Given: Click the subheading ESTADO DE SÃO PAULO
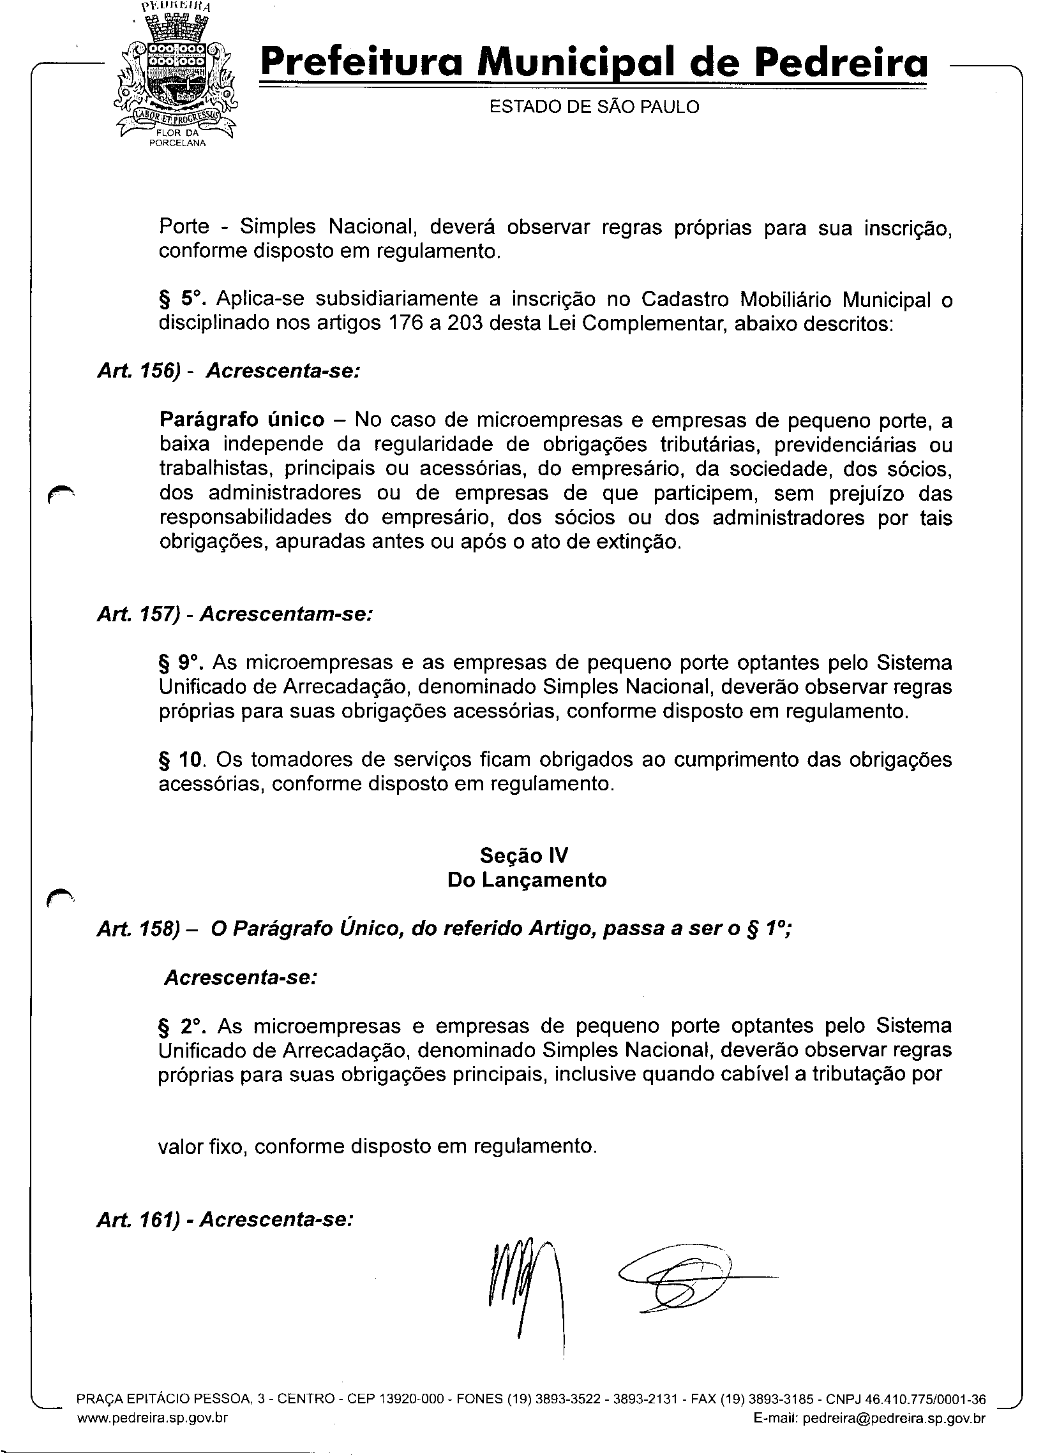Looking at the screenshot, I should (x=594, y=107).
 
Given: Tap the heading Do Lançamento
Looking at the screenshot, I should (x=527, y=880).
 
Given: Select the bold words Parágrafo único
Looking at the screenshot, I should (x=241, y=420).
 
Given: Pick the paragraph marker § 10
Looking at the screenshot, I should (x=181, y=760).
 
